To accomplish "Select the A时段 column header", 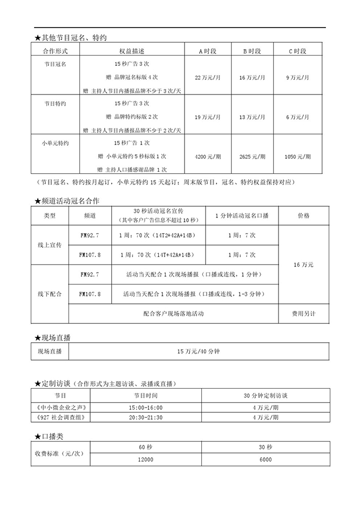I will pyautogui.click(x=208, y=51).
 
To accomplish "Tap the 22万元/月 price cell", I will pyautogui.click(x=208, y=78).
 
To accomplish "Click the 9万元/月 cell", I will pyautogui.click(x=298, y=78).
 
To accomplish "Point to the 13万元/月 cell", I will pyautogui.click(x=252, y=116).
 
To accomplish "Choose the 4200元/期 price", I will pyautogui.click(x=208, y=157).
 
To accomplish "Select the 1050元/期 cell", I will pyautogui.click(x=298, y=157).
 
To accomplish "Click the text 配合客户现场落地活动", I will pyautogui.click(x=174, y=313).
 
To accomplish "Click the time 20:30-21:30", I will pyautogui.click(x=146, y=418).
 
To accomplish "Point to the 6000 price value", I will pyautogui.click(x=266, y=459).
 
